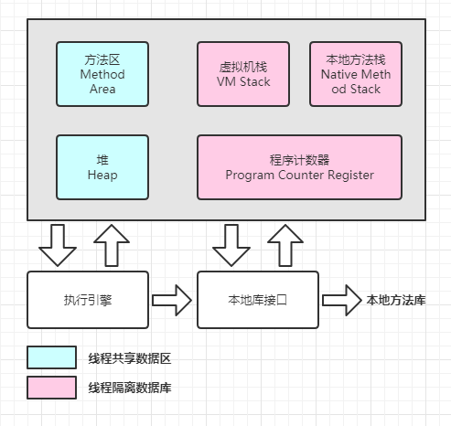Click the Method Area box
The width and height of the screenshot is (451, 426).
point(102,72)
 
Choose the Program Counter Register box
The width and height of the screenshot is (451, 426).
point(299,166)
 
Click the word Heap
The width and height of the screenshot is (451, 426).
point(102,174)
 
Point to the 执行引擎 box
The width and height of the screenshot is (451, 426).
point(88,299)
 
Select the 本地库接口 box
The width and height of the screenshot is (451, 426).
point(258,299)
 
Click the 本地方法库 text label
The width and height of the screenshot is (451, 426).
point(396,299)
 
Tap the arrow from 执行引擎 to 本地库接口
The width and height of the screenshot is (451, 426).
point(172,299)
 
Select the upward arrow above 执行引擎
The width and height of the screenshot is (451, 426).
point(113,244)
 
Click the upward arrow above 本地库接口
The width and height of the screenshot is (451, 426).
point(283,244)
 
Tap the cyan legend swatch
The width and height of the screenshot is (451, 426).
point(51,357)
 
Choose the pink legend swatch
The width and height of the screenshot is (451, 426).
point(51,387)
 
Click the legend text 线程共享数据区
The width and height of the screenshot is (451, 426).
point(129,357)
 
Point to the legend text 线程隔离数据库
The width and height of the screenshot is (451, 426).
point(129,388)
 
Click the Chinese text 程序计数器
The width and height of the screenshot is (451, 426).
point(299,159)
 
